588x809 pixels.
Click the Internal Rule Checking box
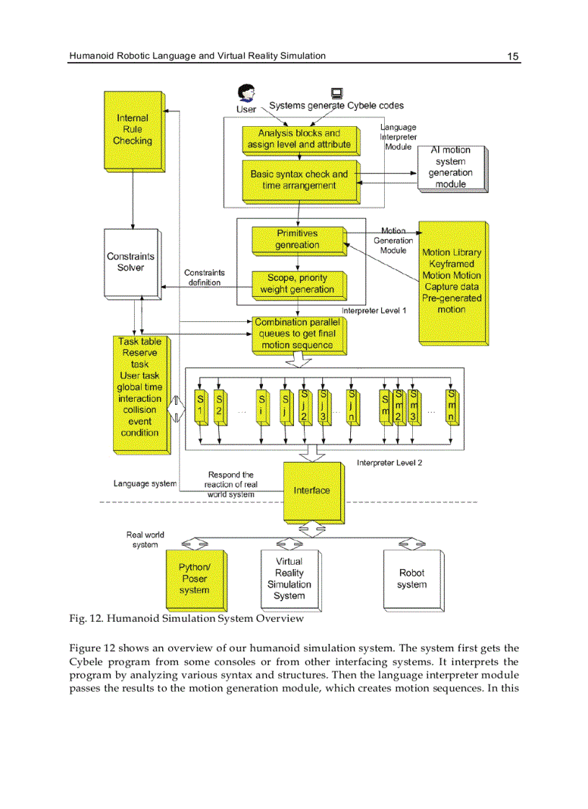click(133, 130)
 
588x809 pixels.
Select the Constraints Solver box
click(130, 262)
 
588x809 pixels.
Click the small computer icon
click(336, 93)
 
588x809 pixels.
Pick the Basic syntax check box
click(299, 180)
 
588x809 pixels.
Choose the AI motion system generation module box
click(451, 167)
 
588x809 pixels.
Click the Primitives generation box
click(297, 239)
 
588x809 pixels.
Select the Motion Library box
click(452, 281)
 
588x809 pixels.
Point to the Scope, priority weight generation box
click(297, 284)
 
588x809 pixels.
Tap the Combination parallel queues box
click(297, 334)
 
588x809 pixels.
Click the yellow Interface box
click(311, 491)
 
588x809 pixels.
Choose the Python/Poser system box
click(195, 579)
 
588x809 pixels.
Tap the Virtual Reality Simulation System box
click(290, 579)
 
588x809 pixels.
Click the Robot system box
click(412, 579)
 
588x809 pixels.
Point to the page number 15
click(513, 56)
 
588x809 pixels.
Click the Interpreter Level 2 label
click(389, 462)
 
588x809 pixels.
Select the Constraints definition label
click(205, 278)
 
